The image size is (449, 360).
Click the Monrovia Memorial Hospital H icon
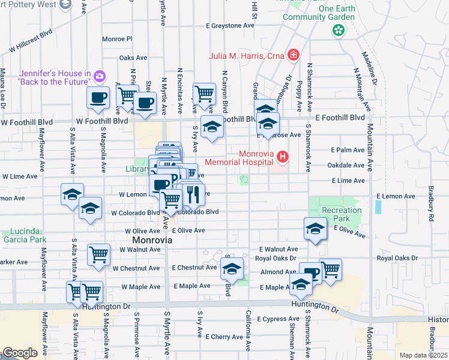(282, 157)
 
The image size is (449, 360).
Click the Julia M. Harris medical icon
(294, 56)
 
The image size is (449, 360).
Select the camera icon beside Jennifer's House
(100, 76)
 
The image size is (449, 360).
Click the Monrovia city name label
(151, 240)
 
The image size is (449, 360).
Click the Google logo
(20, 353)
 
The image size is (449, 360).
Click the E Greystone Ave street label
(230, 26)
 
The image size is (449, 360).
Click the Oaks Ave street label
(133, 58)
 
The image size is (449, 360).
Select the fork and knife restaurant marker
(192, 194)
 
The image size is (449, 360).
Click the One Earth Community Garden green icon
(339, 29)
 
